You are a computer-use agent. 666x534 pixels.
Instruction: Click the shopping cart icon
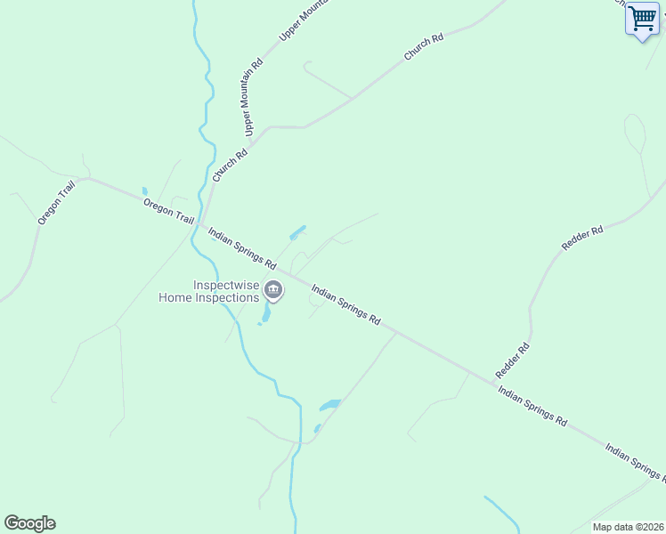tap(641, 18)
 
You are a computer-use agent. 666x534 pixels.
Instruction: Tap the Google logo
tap(29, 523)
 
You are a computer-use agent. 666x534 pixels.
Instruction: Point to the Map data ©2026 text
tap(628, 527)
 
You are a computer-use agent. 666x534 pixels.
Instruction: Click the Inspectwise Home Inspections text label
tap(208, 291)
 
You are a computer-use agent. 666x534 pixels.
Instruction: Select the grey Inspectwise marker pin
tap(274, 290)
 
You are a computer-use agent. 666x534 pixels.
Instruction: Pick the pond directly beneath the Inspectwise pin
tap(265, 314)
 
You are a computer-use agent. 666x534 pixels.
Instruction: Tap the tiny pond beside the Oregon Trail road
tap(144, 190)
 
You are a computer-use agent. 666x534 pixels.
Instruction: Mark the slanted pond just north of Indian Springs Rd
tap(297, 233)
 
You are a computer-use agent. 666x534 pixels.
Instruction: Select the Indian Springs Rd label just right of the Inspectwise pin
tap(346, 304)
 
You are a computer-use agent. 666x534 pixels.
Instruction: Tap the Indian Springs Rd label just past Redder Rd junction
tap(532, 406)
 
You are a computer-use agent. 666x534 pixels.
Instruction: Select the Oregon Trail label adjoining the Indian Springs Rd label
tap(168, 211)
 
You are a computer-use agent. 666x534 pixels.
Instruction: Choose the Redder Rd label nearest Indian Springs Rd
tap(513, 359)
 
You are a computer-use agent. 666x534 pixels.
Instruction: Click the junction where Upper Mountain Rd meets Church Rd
tap(252, 141)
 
